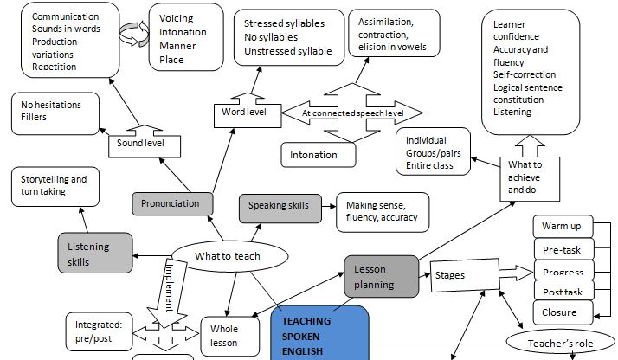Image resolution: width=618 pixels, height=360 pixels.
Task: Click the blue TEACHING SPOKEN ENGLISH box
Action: coord(320,333)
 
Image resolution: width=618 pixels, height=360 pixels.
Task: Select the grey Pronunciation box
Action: coord(172,204)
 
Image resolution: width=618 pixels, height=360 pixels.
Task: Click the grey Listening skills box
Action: coord(95,253)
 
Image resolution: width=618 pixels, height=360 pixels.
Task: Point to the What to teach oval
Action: coord(228,256)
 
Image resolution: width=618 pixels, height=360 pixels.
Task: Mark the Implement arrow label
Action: coord(172,286)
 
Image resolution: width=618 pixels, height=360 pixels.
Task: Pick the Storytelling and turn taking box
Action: coord(54,185)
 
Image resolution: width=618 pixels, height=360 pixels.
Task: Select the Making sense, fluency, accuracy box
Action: coord(382,211)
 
